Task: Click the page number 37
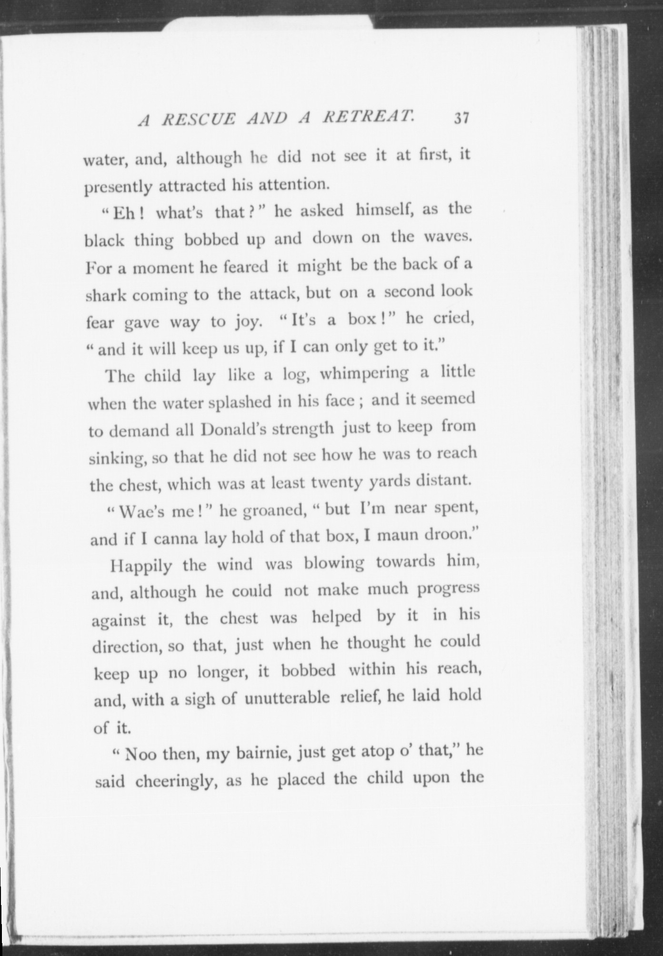462,118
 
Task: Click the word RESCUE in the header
199,119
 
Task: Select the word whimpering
364,375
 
